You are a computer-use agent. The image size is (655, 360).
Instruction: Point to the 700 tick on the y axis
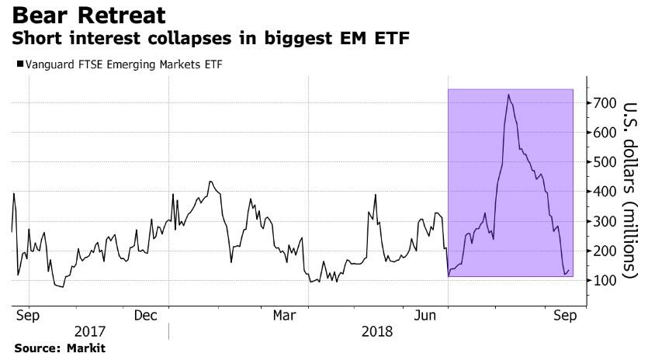pyautogui.click(x=605, y=103)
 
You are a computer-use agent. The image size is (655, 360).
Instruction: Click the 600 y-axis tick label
pyautogui.click(x=605, y=133)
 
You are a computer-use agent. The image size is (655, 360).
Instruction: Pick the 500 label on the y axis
pyautogui.click(x=605, y=162)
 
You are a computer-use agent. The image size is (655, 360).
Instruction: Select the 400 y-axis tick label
pyautogui.click(x=605, y=192)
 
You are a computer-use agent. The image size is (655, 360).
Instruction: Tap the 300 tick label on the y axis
pyautogui.click(x=605, y=222)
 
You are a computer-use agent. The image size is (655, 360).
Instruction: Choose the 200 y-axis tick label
pyautogui.click(x=605, y=251)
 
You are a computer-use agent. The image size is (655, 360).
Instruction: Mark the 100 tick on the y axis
pyautogui.click(x=605, y=281)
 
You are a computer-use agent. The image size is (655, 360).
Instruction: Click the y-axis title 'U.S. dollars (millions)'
pyautogui.click(x=630, y=190)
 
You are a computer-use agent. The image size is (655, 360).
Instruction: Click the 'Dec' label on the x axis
pyautogui.click(x=146, y=316)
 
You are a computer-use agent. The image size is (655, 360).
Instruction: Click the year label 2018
pyautogui.click(x=378, y=331)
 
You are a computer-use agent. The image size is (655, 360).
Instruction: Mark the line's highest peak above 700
pyautogui.click(x=508, y=95)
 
